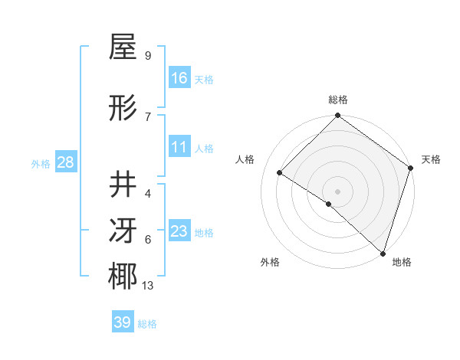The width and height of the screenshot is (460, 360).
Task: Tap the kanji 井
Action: [x=123, y=185]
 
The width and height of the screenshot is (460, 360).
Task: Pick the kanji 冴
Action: [x=123, y=231]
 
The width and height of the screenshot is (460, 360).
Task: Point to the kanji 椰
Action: [x=123, y=277]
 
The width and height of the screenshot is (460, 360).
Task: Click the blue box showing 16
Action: [x=179, y=78]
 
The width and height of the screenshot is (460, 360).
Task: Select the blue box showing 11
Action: [x=179, y=147]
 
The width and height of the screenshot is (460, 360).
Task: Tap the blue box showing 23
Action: [x=179, y=231]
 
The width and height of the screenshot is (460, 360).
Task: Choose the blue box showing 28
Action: [x=65, y=162]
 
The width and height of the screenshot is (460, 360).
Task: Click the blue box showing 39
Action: [x=123, y=322]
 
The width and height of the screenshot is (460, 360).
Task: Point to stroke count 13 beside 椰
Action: [x=148, y=286]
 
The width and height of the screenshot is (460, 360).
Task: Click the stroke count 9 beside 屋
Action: [x=148, y=56]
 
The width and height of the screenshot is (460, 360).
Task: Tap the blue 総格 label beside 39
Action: [x=147, y=324]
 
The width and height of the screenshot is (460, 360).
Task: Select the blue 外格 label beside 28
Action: [x=41, y=163]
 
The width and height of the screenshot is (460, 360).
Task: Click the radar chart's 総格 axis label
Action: [x=338, y=100]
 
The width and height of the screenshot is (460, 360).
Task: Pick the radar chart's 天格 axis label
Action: [x=432, y=159]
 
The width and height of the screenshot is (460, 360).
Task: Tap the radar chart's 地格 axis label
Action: [x=402, y=263]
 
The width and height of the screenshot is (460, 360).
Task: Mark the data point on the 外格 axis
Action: [x=329, y=204]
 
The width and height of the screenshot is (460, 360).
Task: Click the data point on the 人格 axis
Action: [x=280, y=172]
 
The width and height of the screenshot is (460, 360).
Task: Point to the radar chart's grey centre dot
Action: [x=338, y=191]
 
